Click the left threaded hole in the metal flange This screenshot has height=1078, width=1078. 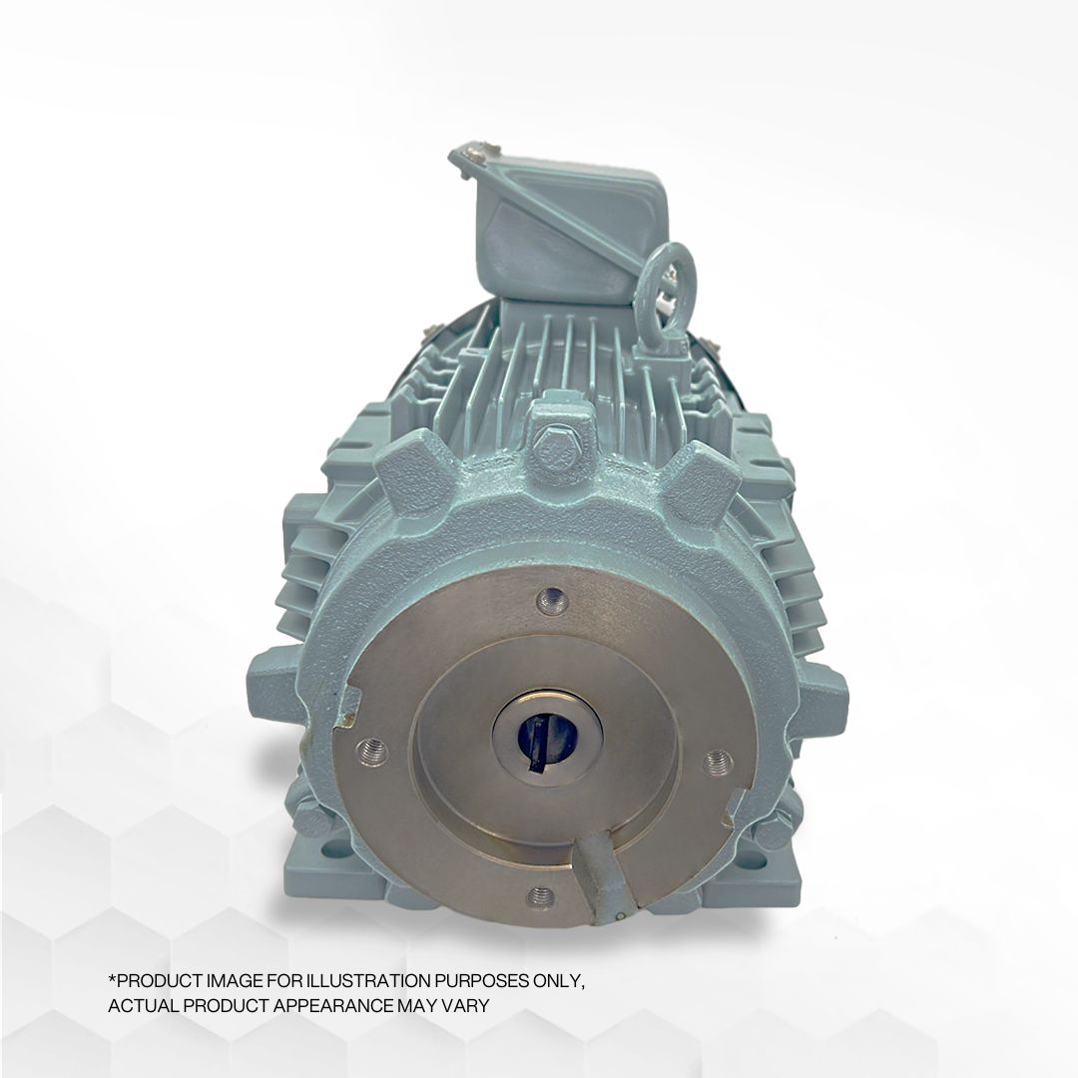(371, 749)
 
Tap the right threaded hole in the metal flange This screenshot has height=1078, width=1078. (718, 762)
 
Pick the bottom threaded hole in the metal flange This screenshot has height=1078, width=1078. (540, 895)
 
